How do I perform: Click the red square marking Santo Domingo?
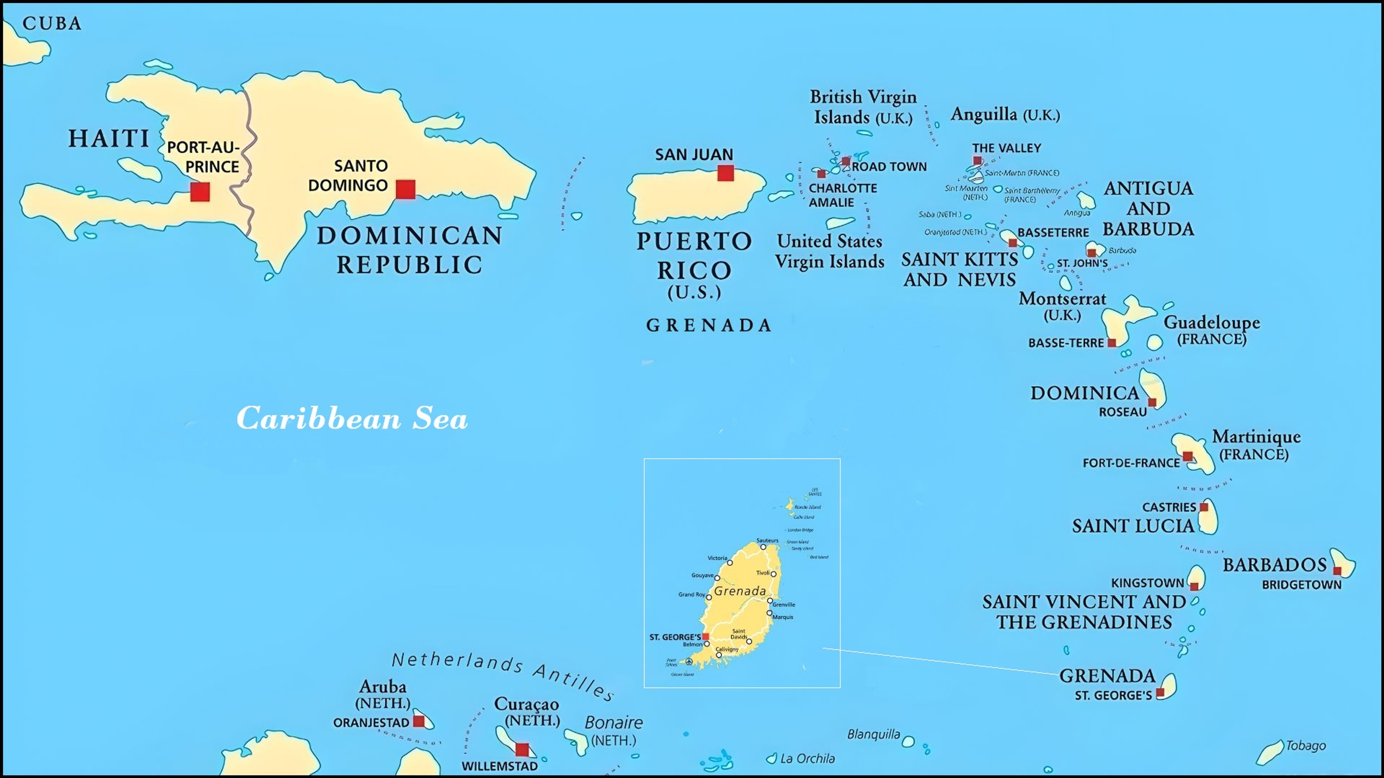pos(405,189)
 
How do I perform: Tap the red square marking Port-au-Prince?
pos(200,192)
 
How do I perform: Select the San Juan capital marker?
pos(725,173)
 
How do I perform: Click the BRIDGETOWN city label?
pos(1301,585)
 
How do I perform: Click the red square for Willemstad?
pos(522,749)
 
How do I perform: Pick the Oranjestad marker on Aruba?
pos(418,721)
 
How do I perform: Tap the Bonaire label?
pos(613,723)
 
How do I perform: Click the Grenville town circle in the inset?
pos(770,601)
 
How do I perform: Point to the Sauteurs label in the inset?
pos(767,540)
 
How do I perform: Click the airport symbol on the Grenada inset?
pos(689,662)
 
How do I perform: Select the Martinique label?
pos(1256,437)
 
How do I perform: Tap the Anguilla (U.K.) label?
pos(1005,115)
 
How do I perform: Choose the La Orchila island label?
pos(807,759)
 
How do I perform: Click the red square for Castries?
pos(1204,507)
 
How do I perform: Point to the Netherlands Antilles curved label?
pos(502,674)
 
